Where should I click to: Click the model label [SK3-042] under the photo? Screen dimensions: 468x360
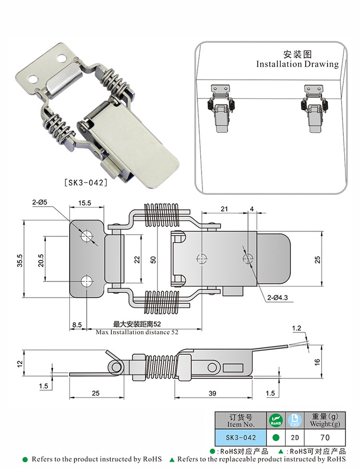click(85, 182)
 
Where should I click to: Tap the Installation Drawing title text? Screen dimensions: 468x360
click(297, 64)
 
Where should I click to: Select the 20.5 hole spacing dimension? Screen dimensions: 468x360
click(41, 260)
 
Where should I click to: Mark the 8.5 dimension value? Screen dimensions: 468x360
click(77, 325)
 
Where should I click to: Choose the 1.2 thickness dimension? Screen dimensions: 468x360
click(297, 328)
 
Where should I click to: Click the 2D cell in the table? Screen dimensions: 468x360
click(294, 438)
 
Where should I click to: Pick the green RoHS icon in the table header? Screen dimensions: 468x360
click(276, 420)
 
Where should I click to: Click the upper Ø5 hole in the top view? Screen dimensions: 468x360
click(87, 235)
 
